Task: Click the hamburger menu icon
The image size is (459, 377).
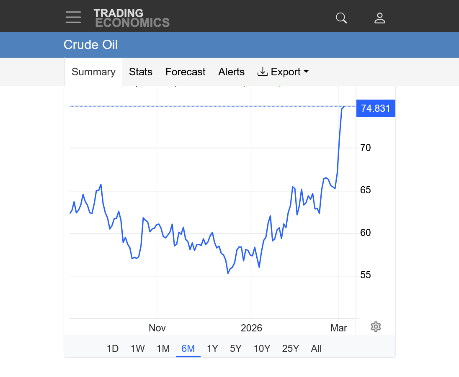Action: coord(73,18)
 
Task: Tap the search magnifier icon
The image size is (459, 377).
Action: coord(341,18)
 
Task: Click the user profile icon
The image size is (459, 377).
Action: coord(380,18)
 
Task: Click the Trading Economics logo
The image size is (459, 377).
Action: coord(132,18)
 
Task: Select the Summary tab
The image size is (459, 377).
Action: coord(93,72)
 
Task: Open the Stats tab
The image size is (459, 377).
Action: coord(141,72)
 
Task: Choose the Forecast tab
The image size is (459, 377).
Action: coord(186,72)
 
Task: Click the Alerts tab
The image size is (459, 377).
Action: coord(231,72)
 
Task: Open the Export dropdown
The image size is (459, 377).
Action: coord(283,72)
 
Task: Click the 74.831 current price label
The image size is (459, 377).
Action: coord(376,109)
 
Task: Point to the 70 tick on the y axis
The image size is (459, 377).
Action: coord(366,148)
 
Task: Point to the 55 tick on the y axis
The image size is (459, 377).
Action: coord(366,275)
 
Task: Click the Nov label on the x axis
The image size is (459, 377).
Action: coord(157,328)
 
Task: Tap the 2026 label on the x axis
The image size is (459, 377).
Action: coord(251,328)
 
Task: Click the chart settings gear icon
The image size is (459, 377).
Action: coord(376,327)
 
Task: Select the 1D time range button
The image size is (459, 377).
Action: coord(113,349)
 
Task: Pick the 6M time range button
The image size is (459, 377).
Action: coord(188,349)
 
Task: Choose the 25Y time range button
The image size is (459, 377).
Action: coord(291,349)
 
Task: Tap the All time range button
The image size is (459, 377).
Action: coord(316,349)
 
